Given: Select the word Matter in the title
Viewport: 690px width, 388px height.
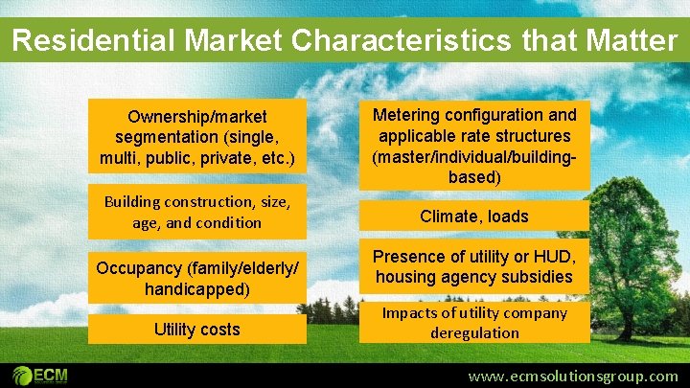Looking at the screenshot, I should point(630,41).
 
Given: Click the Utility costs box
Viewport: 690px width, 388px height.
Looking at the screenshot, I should point(197,330).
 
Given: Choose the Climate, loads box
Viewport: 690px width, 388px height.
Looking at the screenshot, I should point(474,217).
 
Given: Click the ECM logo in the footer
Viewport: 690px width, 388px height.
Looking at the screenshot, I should point(40,375).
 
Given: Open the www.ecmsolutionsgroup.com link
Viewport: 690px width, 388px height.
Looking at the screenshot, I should point(572,377).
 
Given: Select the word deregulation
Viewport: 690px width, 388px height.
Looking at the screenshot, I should point(474,333).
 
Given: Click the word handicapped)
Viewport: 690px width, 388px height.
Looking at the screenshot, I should point(197,288).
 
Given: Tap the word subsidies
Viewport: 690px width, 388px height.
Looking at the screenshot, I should point(539,277).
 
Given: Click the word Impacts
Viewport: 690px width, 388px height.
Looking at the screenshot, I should point(408,313).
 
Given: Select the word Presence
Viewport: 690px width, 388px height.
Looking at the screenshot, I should point(408,257).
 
